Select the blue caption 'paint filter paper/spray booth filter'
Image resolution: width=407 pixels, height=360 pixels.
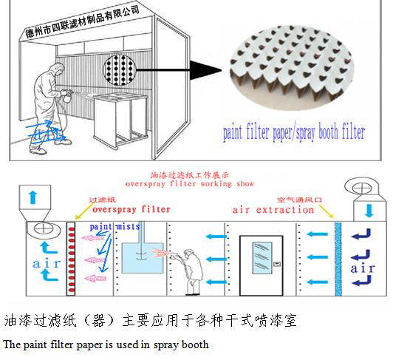(294, 133)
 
